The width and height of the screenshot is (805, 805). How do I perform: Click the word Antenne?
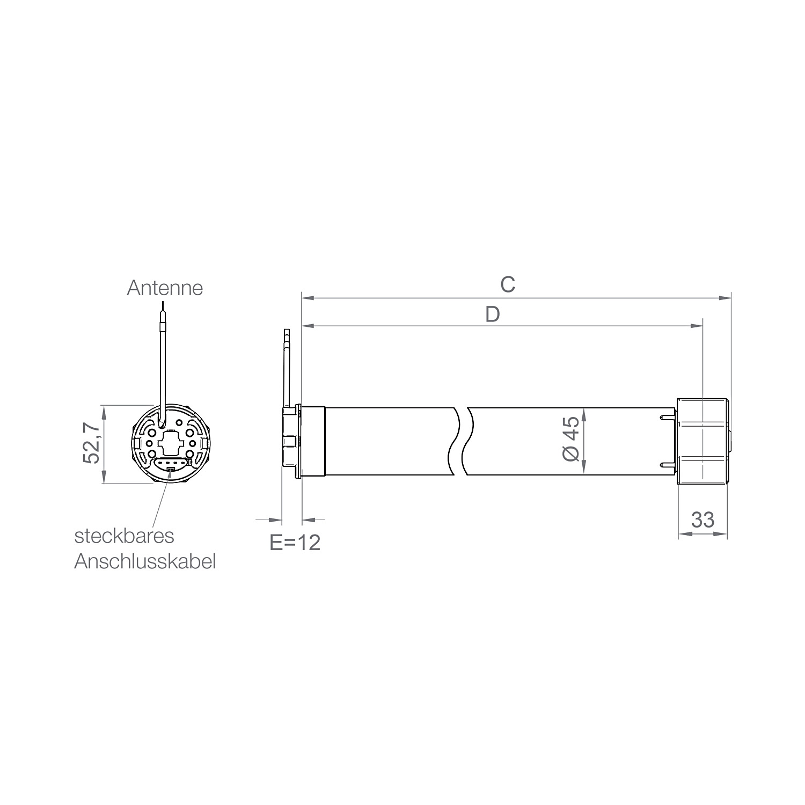165,288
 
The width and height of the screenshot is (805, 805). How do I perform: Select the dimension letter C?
508,284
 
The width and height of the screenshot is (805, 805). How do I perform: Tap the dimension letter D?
492,314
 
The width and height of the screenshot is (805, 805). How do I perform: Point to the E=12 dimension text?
295,543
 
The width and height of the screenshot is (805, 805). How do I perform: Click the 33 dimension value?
702,520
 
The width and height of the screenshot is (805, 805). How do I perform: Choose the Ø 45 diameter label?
571,438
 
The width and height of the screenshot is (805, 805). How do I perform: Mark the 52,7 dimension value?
91,443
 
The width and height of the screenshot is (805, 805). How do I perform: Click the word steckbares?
124,536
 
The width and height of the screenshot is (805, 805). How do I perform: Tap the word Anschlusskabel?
145,562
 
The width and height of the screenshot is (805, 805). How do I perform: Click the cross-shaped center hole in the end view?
171,443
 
